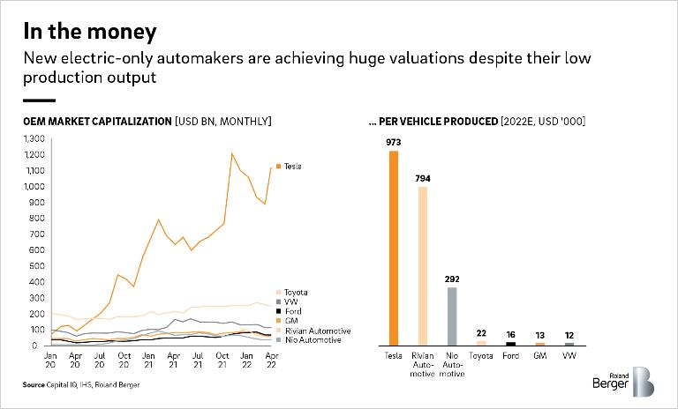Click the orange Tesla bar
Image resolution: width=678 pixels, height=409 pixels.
tap(394, 248)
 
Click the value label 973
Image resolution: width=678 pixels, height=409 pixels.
tap(394, 141)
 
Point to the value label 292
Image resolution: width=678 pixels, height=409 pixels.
tap(451, 279)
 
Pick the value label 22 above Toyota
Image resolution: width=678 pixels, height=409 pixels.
tap(481, 332)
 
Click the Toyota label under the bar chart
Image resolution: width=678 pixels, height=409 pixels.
tap(481, 355)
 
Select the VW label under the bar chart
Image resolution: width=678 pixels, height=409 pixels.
tap(569, 355)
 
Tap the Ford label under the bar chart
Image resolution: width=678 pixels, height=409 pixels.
tap(510, 355)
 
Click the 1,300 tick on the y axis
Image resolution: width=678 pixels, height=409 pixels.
tap(32, 139)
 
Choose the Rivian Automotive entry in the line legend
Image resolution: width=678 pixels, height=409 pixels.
tap(308, 331)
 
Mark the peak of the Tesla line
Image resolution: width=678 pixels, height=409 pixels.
tap(232, 153)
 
